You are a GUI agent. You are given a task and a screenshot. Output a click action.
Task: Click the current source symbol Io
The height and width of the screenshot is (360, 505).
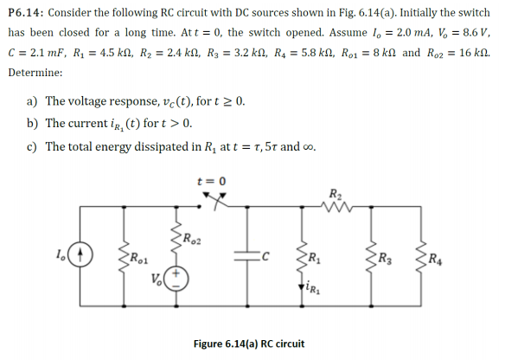pyautogui.click(x=80, y=254)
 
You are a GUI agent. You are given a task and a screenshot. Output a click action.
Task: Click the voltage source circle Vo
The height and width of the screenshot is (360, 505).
pyautogui.click(x=176, y=280)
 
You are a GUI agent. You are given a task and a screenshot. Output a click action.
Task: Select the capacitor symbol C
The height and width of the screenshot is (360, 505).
pyautogui.click(x=247, y=256)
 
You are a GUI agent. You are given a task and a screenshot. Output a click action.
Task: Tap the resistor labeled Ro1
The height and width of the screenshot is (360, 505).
pyautogui.click(x=124, y=258)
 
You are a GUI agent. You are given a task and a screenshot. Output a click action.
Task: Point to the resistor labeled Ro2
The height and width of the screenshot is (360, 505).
pyautogui.click(x=176, y=238)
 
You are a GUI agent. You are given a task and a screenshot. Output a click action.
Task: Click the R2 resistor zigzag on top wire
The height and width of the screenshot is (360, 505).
pyautogui.click(x=337, y=206)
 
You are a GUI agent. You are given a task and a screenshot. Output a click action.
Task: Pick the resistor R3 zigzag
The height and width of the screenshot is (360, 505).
pyautogui.click(x=371, y=258)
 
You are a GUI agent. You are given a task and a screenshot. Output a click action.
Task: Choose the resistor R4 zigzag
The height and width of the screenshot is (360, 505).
pyautogui.click(x=421, y=258)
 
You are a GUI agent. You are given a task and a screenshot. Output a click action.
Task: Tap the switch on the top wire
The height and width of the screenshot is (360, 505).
pyautogui.click(x=214, y=201)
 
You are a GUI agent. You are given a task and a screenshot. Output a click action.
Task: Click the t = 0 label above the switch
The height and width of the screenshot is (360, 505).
pyautogui.click(x=212, y=181)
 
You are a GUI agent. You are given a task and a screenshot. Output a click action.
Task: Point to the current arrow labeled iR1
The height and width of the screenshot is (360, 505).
pyautogui.click(x=302, y=286)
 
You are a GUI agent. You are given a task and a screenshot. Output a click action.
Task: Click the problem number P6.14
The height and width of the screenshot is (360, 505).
pyautogui.click(x=26, y=13)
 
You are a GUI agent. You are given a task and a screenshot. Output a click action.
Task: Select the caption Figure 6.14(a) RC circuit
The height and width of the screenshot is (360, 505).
pyautogui.click(x=249, y=344)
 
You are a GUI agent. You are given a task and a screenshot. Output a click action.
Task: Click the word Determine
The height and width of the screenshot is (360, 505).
pyautogui.click(x=35, y=73)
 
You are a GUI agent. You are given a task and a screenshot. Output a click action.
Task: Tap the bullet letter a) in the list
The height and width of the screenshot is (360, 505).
pyautogui.click(x=32, y=101)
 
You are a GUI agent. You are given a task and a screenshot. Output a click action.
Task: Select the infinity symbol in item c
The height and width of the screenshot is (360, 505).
pyautogui.click(x=308, y=147)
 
